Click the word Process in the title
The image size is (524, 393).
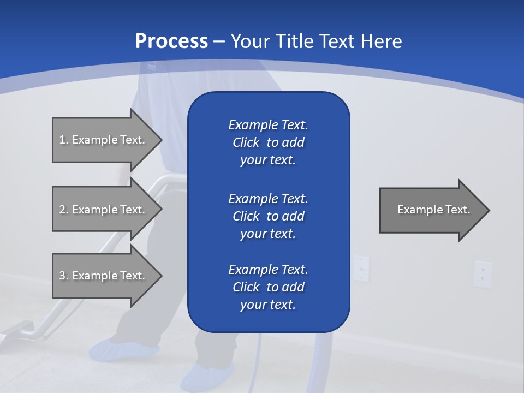(171, 41)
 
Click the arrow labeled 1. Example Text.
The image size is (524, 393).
(104, 140)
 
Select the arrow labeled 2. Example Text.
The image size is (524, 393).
(104, 210)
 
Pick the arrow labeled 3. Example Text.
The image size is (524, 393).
(104, 276)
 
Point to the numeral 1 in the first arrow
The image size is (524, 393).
(62, 140)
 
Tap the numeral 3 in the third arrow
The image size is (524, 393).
(62, 276)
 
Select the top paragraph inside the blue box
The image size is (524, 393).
(268, 142)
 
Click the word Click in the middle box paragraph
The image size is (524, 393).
(246, 216)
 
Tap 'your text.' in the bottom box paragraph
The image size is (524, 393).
(268, 305)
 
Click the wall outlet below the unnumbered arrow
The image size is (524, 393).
(483, 273)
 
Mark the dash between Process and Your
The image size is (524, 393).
(219, 41)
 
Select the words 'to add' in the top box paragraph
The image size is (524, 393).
(285, 142)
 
